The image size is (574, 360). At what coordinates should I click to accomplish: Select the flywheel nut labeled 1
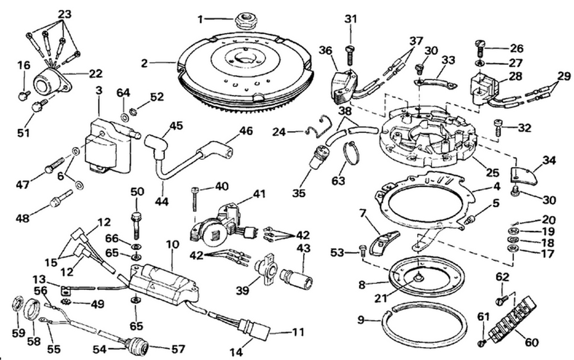[244, 21]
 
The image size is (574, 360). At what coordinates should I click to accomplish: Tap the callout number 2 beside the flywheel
[145, 63]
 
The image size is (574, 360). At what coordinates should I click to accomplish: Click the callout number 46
[246, 131]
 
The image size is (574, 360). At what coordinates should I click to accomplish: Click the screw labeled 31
[350, 53]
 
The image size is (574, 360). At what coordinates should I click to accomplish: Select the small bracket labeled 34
[524, 176]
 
